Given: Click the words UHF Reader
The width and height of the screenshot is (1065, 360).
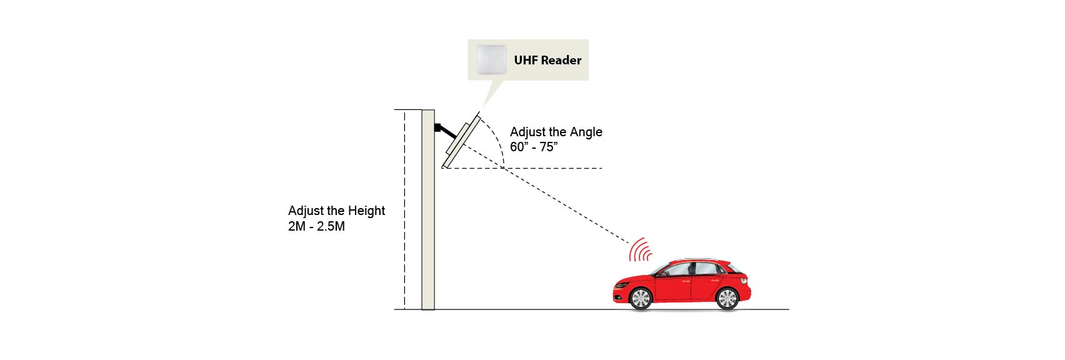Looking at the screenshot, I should (x=547, y=60).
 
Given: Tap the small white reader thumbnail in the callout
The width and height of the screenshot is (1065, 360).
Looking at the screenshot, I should (x=491, y=59).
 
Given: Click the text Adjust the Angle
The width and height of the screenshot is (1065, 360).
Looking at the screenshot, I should (x=556, y=132).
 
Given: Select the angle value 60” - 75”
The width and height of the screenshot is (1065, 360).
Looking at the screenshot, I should (x=533, y=147).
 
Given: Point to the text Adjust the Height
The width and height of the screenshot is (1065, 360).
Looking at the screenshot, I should (x=336, y=211).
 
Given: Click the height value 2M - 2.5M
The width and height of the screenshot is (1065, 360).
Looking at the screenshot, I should (x=316, y=226).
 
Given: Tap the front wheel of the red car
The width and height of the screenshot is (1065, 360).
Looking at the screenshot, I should (x=641, y=298).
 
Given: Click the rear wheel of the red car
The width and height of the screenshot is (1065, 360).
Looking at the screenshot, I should (x=727, y=298).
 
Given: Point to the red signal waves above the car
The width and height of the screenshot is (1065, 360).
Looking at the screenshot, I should (x=639, y=250).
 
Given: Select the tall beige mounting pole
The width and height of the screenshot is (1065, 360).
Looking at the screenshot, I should (x=428, y=212).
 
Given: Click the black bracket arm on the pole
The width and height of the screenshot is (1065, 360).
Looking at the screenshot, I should (x=444, y=131).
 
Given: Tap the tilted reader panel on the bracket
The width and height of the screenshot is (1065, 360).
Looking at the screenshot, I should (x=461, y=140).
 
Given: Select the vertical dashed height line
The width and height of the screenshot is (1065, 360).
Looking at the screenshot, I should (x=404, y=212).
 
